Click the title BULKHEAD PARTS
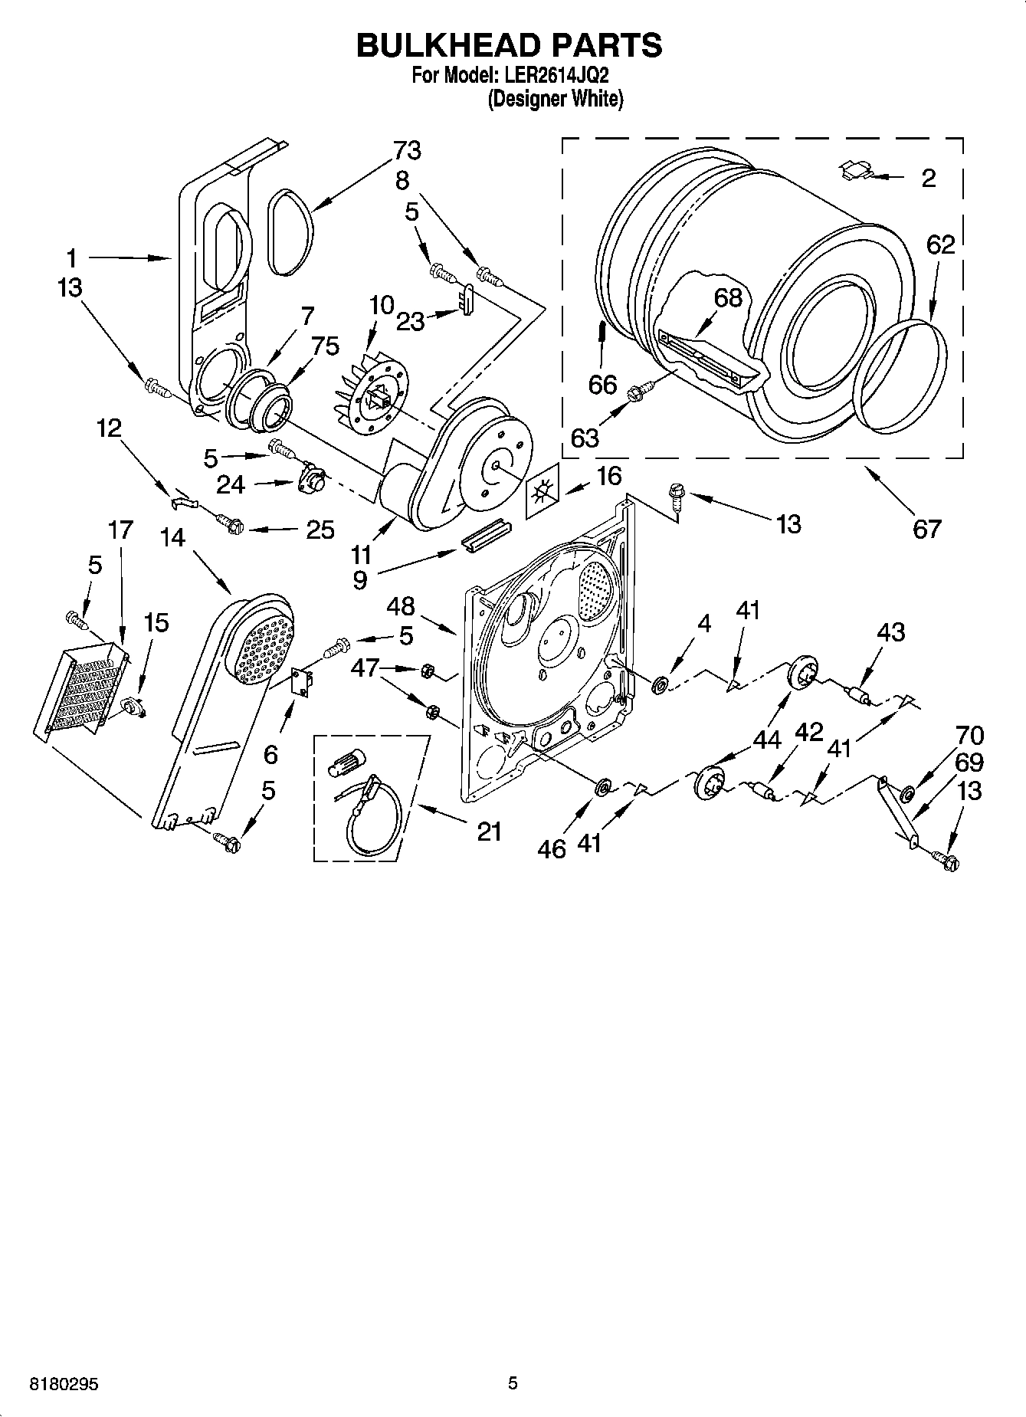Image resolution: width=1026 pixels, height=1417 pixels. [x=509, y=45]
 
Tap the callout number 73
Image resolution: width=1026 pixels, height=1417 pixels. [x=407, y=151]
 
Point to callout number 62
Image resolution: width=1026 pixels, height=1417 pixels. [x=940, y=245]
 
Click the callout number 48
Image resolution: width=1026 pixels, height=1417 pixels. [x=400, y=607]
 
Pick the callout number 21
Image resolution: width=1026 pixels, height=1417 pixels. [x=489, y=831]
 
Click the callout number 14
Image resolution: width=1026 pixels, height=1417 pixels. [x=173, y=537]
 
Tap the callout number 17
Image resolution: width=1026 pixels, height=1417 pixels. [x=120, y=530]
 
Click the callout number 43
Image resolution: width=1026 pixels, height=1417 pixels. [x=890, y=632]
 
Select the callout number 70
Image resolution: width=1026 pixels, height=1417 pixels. [x=969, y=736]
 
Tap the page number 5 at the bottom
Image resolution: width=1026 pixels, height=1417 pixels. [x=513, y=1383]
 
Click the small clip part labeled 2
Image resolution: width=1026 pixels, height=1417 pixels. [x=856, y=171]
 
